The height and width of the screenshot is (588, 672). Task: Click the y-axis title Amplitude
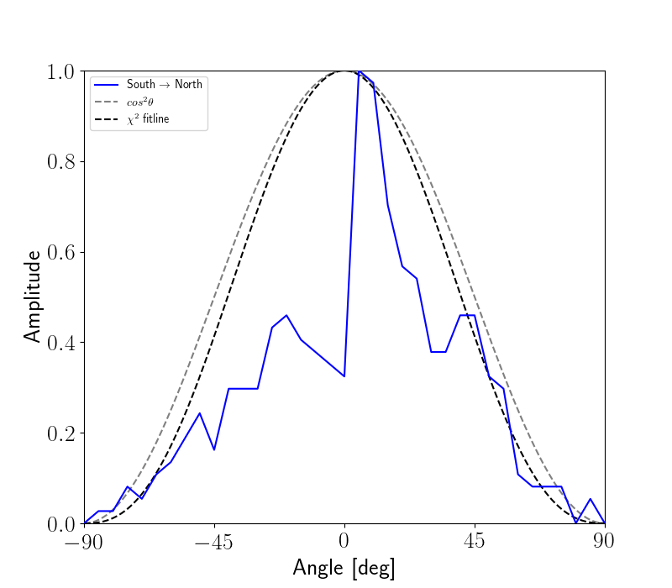32,296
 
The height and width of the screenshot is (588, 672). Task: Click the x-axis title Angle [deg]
344,568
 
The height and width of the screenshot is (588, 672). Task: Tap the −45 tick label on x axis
214,541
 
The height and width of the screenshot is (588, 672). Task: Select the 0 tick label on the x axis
344,541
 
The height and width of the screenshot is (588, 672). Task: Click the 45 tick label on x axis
475,541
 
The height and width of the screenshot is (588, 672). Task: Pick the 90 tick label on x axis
604,541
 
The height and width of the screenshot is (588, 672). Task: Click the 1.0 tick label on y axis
60,71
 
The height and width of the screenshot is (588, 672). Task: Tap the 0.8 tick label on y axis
60,162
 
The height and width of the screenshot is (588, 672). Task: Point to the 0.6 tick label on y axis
60,253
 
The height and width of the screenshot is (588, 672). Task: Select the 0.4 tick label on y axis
60,343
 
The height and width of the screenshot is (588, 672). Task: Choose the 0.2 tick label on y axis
60,433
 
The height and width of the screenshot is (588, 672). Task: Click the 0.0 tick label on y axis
60,524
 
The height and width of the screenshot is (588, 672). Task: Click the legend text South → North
164,85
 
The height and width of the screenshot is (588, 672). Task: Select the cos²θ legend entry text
139,102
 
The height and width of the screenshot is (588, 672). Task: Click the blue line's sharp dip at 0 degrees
344,375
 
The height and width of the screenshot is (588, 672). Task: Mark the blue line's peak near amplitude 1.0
360,73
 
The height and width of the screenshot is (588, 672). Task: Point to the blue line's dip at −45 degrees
214,449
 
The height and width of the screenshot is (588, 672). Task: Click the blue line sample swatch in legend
107,85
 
